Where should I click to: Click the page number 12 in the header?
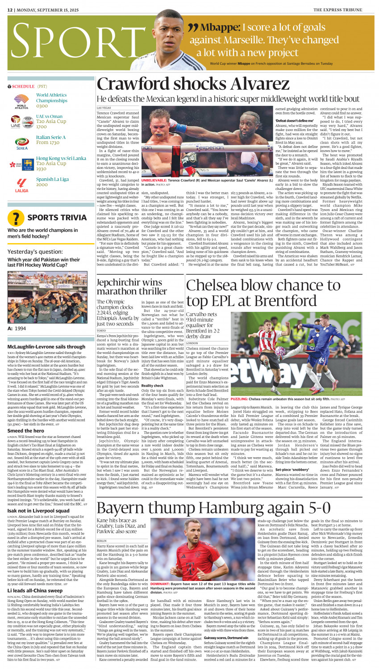[x=10, y=9]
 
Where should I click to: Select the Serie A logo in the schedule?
[x=21, y=143]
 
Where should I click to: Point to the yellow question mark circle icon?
[x=17, y=218]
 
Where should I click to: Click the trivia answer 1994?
[x=20, y=328]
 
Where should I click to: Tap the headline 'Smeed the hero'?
[x=25, y=431]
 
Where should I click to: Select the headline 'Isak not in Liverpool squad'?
[x=38, y=510]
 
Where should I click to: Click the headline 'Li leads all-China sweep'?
[x=35, y=590]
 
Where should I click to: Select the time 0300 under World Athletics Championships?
[x=42, y=106]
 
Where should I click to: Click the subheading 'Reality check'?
[x=152, y=385]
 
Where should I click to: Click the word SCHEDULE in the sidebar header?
[x=23, y=86]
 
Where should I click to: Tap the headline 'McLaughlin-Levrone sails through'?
[x=46, y=346]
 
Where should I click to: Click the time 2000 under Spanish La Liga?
[x=42, y=185]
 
